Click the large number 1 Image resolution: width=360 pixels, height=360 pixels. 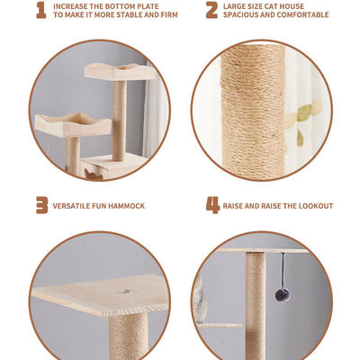(41, 10)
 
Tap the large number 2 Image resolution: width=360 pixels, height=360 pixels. (211, 10)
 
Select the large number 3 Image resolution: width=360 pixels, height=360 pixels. (42, 205)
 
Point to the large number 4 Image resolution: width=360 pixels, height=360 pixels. (212, 205)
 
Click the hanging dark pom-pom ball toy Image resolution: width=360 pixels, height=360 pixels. (283, 295)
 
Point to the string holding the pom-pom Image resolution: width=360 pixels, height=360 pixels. (283, 271)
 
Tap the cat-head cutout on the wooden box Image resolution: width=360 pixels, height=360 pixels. (93, 175)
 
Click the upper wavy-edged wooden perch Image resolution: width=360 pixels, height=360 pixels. (120, 72)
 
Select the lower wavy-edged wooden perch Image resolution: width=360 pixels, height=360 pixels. (73, 125)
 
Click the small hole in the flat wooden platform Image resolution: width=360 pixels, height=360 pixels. (127, 292)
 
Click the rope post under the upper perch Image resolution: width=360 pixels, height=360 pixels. (120, 121)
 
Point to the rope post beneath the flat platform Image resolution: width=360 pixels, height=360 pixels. (129, 336)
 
